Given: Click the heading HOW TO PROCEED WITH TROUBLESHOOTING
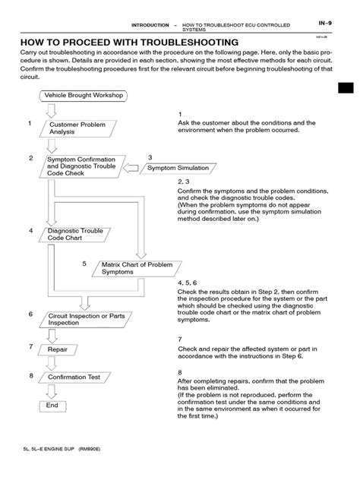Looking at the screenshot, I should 128,43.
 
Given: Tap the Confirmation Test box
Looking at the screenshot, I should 74,377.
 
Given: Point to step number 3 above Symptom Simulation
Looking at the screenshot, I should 150,156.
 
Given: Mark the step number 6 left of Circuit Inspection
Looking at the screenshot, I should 30,314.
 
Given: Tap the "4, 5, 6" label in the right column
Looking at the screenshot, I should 187,282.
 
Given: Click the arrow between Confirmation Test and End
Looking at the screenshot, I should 51,390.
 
